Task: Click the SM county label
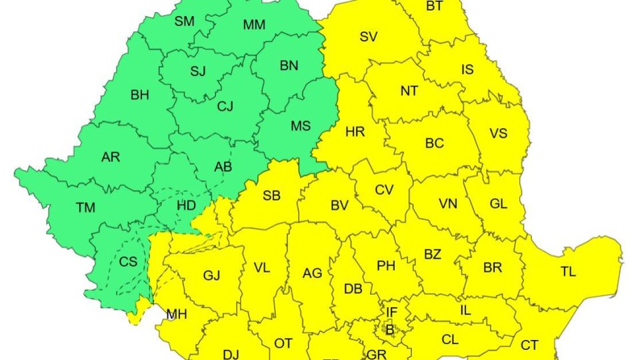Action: point(185,21)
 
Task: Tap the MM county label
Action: point(254,25)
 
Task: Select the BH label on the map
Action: point(139,95)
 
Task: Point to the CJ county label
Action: point(225,105)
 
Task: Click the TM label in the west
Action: point(85,208)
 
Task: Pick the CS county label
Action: point(128,262)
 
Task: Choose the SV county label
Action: point(369,37)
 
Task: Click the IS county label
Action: point(469,70)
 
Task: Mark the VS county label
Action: point(499,133)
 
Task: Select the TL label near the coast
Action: point(569,271)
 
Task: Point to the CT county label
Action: point(529,345)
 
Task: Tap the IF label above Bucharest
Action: point(391,311)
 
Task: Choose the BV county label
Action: point(339,206)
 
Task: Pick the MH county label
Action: point(177,314)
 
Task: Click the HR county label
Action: point(355,132)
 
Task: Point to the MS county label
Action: point(300,125)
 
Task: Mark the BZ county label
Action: point(433,254)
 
